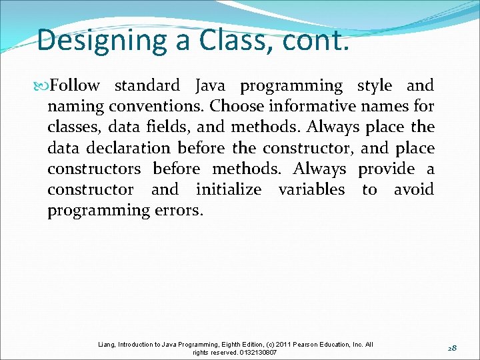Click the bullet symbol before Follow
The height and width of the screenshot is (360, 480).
point(43,86)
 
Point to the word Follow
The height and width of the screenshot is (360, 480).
point(75,86)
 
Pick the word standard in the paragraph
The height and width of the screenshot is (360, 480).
point(147,86)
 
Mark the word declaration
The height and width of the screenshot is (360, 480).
point(119,148)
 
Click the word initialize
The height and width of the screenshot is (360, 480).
point(229,189)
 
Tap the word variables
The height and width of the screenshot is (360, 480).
point(311,189)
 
